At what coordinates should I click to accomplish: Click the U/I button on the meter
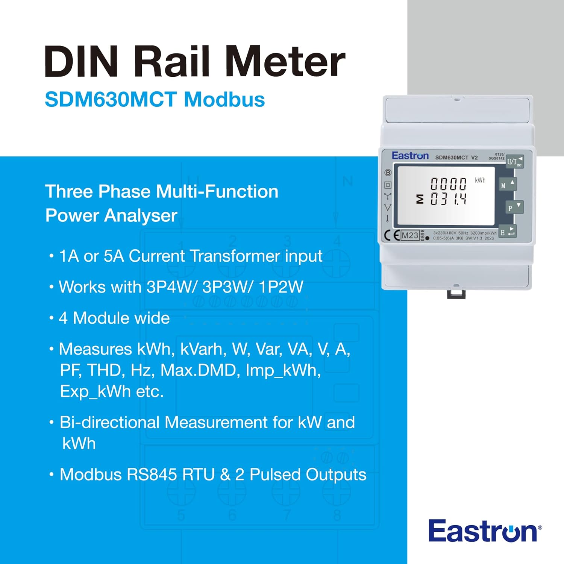coord(514,162)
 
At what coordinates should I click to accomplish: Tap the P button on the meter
coord(514,207)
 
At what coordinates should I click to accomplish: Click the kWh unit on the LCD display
coord(480,180)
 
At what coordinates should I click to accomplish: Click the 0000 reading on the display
coord(448,184)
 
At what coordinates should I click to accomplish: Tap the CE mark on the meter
coord(391,236)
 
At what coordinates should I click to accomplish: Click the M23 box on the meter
coord(409,236)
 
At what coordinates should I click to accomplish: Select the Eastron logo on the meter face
coord(410,156)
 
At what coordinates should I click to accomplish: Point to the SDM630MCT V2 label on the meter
coord(456,158)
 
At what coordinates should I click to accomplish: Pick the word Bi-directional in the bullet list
coord(109,422)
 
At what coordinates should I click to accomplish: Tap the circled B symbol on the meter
coord(388,173)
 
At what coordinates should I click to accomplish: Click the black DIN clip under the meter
coord(456,294)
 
